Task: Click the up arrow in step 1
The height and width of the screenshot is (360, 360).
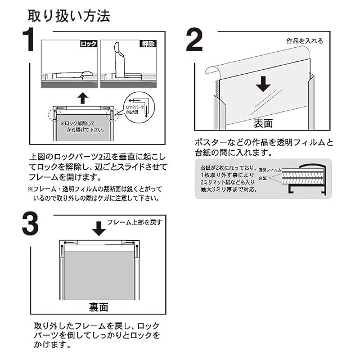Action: click(83, 98)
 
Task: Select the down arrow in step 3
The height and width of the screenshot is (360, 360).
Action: click(98, 228)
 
